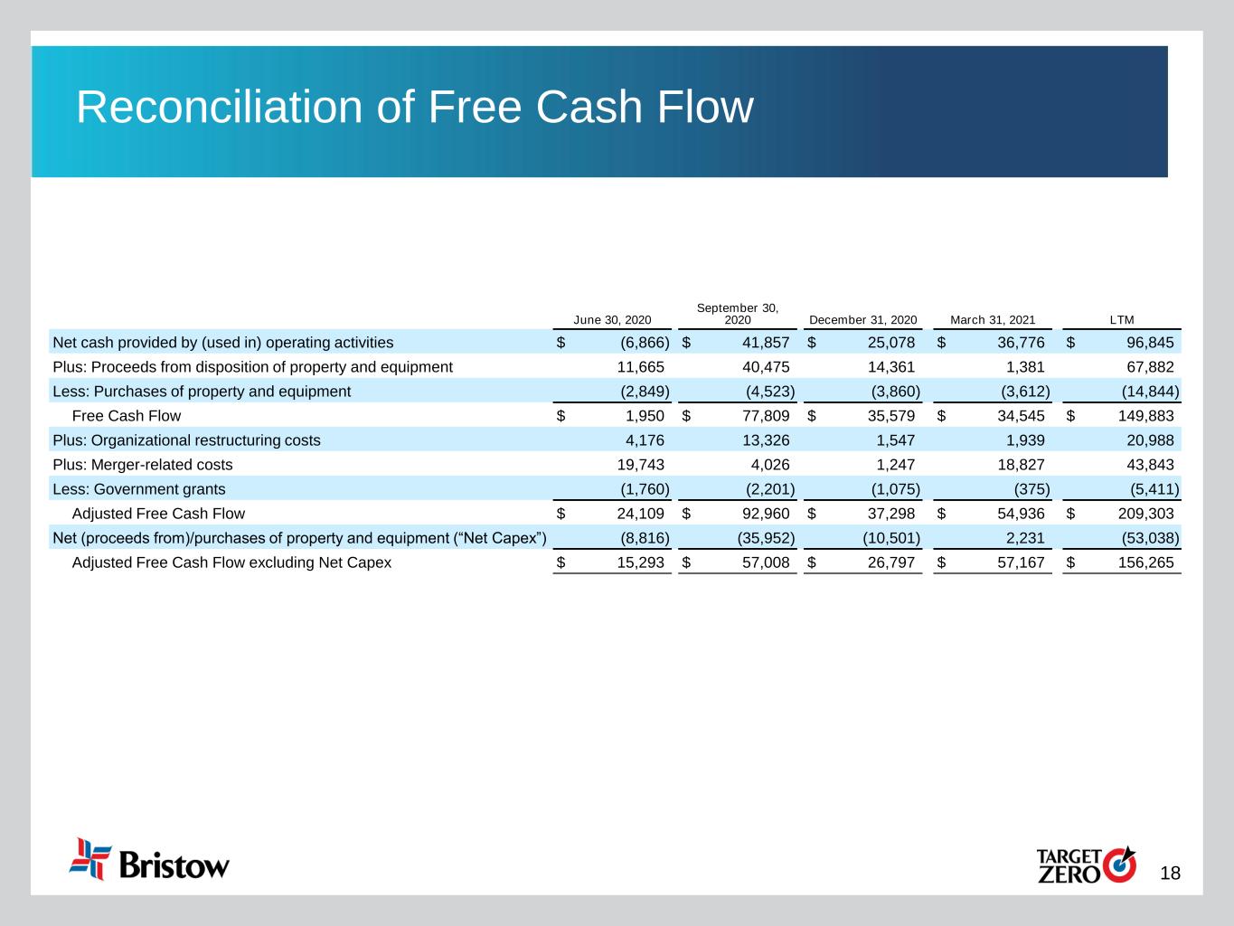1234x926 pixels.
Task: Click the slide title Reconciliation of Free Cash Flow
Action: coord(414,108)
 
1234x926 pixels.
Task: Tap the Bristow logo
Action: coord(150,859)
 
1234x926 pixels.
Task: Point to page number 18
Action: coord(1170,874)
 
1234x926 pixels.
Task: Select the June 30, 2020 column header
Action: coord(612,320)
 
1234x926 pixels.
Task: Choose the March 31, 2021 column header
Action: coord(992,320)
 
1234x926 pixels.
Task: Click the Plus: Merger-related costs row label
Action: coord(143,465)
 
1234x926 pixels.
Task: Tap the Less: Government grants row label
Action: coord(139,489)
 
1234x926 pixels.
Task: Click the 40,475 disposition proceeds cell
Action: coord(759,367)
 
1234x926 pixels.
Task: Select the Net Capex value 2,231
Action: coord(1024,538)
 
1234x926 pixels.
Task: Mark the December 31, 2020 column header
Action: coord(862,320)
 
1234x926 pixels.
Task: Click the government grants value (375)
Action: coord(1030,489)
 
